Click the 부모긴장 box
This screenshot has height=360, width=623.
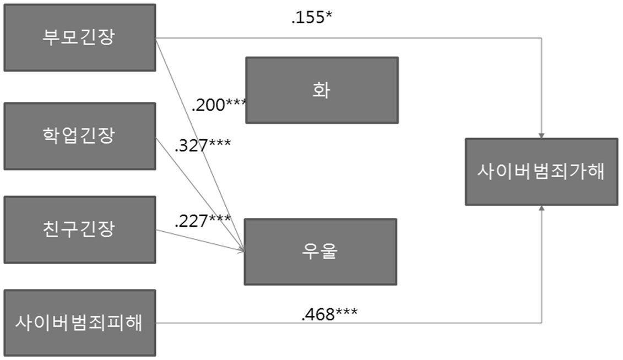tap(80, 38)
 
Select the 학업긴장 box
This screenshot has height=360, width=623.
tap(80, 136)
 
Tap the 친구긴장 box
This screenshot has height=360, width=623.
tap(80, 230)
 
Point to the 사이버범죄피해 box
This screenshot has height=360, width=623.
tap(80, 323)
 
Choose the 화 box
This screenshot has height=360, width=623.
tap(322, 90)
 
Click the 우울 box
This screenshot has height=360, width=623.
tap(320, 252)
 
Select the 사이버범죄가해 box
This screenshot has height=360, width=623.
tap(541, 171)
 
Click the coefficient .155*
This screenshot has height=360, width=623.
tap(312, 18)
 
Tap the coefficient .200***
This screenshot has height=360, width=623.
tap(219, 105)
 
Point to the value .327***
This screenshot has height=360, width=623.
tap(203, 146)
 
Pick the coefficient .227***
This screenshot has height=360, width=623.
tap(203, 221)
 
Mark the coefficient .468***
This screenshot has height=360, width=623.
tap(329, 314)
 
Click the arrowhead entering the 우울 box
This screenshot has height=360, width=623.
tap(241, 250)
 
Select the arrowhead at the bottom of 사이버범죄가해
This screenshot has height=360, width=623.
tap(541, 208)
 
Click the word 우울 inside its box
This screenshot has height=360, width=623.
tap(320, 251)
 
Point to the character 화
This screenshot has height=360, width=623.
tap(321, 90)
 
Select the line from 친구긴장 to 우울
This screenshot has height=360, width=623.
tap(200, 241)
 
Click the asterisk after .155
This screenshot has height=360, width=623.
tap(329, 15)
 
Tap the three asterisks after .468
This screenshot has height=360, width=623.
tap(346, 312)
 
